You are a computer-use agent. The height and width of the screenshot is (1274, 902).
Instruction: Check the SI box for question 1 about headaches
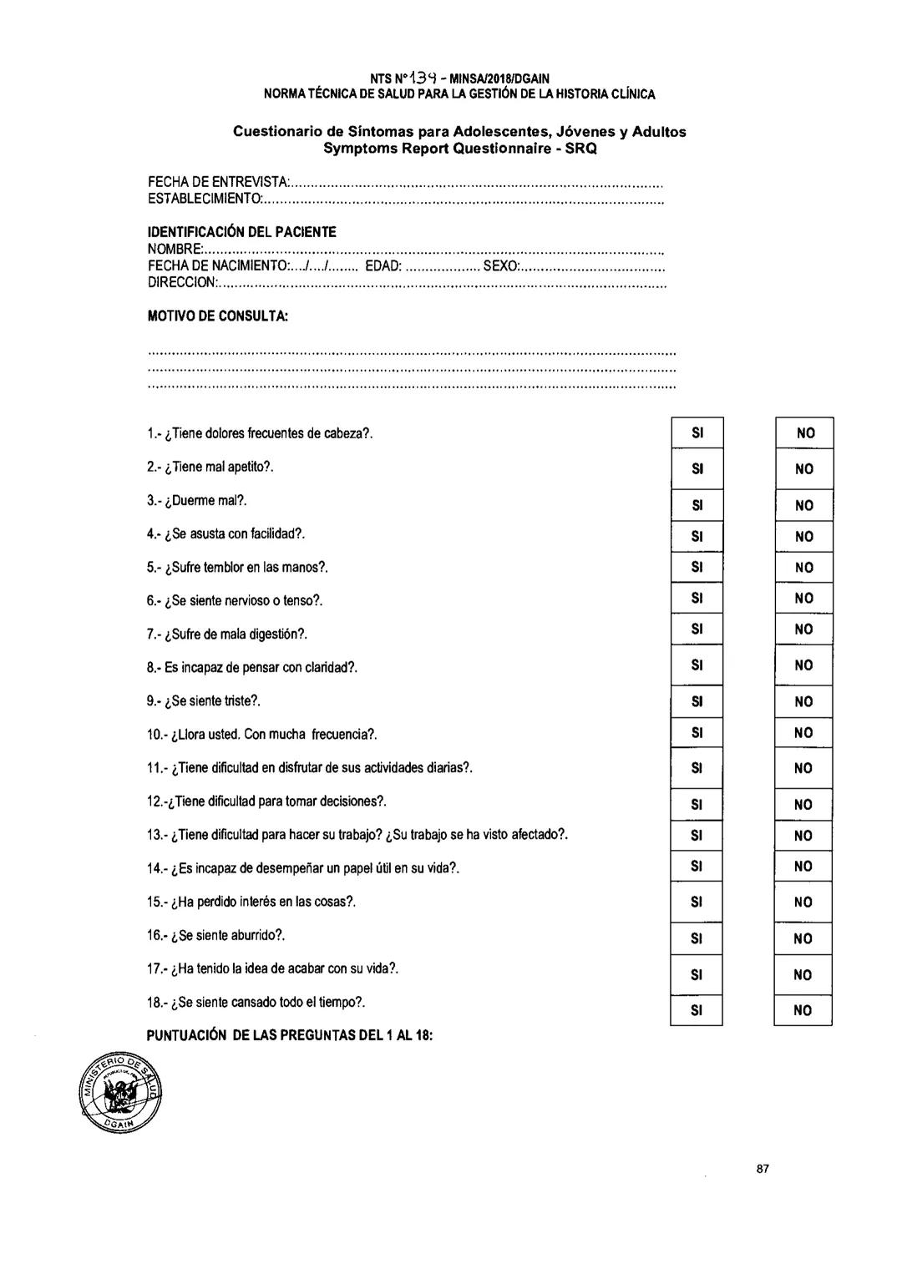tap(697, 432)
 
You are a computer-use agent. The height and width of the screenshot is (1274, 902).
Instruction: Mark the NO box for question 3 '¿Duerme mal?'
tap(803, 505)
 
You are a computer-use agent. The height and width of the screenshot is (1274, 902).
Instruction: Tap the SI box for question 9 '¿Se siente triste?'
tap(697, 701)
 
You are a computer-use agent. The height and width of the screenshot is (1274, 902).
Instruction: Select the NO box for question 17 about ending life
tap(803, 974)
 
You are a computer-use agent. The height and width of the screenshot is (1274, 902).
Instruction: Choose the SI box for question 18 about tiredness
tap(697, 1010)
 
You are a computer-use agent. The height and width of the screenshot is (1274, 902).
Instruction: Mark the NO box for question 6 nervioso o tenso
tap(803, 598)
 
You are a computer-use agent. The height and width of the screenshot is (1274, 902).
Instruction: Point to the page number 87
tap(762, 1169)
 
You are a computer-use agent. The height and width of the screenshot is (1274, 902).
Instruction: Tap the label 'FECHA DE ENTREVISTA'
tap(217, 182)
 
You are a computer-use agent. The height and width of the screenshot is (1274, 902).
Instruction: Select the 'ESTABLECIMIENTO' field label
tap(204, 199)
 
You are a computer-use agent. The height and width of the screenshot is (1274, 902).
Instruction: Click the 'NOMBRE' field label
tap(174, 249)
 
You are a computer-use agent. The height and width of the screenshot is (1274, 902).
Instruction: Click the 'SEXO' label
tap(500, 265)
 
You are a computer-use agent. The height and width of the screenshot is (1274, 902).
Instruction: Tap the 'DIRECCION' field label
tap(181, 283)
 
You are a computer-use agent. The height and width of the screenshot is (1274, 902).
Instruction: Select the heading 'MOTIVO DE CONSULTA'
tap(217, 316)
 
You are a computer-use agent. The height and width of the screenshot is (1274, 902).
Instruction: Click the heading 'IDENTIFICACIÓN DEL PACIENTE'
tap(241, 232)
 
